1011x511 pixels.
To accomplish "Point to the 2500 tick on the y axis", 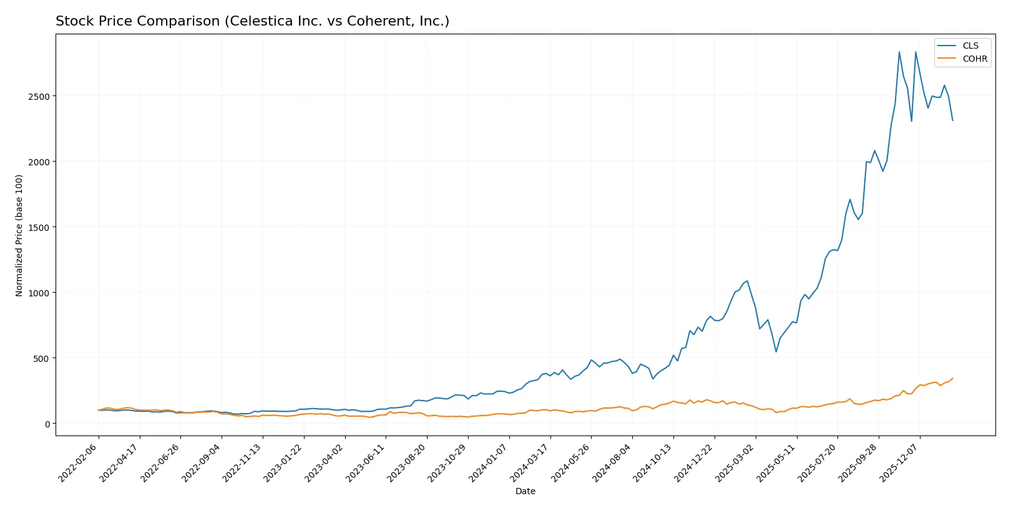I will point(39,96).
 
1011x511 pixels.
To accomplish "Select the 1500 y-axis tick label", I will point(39,227).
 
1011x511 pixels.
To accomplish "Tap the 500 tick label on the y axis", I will point(41,358).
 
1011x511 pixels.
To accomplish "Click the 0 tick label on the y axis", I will point(47,424).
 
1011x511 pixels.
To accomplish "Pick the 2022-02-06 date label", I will point(79,462).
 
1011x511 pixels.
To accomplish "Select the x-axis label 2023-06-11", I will point(366,462).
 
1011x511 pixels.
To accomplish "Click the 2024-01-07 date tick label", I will point(489,462).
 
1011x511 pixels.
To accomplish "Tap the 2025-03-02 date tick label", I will point(736,462).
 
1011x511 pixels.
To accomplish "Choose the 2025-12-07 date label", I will point(900,462).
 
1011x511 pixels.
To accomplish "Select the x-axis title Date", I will point(525,491).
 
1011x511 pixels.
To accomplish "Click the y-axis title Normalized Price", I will point(19,235).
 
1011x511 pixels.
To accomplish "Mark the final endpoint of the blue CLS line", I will point(952,120).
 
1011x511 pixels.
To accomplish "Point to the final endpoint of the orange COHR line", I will point(952,378).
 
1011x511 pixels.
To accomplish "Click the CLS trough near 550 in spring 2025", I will point(776,352).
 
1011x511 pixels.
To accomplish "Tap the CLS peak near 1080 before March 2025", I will point(747,281).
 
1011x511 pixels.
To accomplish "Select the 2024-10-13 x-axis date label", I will point(653,462).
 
